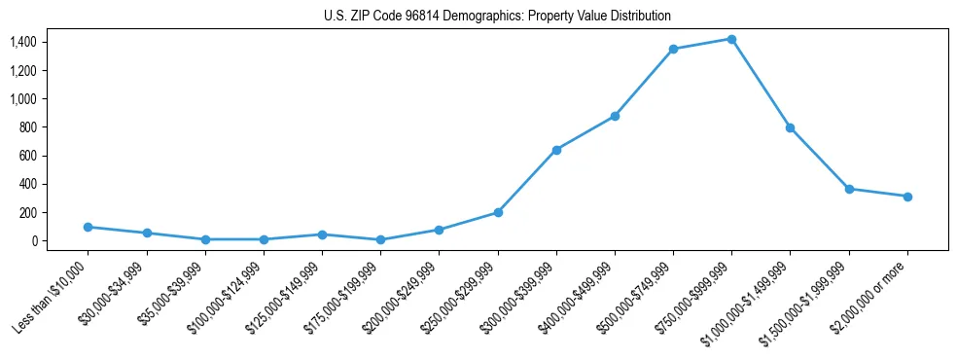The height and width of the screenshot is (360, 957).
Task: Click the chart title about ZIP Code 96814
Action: tap(497, 17)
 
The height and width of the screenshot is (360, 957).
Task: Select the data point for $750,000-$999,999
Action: tap(731, 39)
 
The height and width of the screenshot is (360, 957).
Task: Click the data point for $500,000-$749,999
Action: tap(673, 49)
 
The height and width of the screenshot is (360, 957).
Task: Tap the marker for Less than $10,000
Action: tap(88, 227)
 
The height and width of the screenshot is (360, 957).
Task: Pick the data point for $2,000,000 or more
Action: tap(907, 197)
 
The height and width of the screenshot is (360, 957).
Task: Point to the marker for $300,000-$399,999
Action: tap(556, 150)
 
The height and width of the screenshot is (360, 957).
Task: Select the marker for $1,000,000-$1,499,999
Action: tap(790, 127)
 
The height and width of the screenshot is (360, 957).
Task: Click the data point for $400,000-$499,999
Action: tap(615, 116)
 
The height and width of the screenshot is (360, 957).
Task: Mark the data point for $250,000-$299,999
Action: tap(498, 212)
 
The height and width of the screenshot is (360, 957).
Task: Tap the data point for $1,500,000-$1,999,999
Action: tap(849, 189)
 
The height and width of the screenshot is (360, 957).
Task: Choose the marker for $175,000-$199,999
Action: tap(380, 239)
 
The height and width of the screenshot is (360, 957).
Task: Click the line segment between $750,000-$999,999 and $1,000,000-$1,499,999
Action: tap(761, 84)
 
